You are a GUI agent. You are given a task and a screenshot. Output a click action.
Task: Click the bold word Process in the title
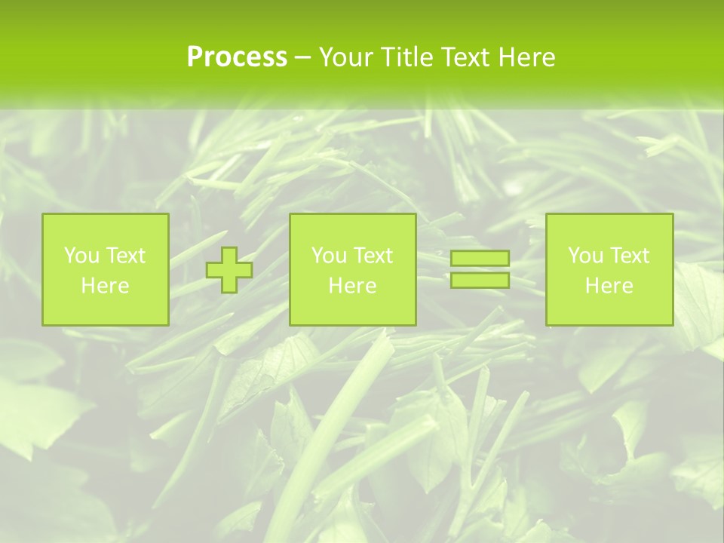[x=237, y=57]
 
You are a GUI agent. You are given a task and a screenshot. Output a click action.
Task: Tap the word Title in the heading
[x=406, y=57]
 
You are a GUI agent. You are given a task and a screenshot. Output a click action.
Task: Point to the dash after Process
[x=302, y=58]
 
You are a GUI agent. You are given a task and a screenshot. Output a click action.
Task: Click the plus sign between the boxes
[x=229, y=269]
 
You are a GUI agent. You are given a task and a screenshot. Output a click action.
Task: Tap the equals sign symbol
[x=480, y=269]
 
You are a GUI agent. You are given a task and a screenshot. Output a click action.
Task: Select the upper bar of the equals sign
[x=480, y=259]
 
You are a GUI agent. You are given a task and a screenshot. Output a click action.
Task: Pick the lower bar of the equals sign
[x=480, y=280]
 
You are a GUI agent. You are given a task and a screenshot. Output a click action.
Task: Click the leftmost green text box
[x=105, y=269]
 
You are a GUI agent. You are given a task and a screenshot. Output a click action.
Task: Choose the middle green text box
[x=352, y=269]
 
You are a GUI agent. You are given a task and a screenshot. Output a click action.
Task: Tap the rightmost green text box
[x=609, y=269]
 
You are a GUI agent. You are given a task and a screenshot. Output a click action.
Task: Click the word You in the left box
[x=81, y=256]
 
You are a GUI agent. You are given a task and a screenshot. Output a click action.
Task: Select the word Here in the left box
[x=105, y=286]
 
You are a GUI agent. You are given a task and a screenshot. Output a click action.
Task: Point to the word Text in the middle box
[x=373, y=256]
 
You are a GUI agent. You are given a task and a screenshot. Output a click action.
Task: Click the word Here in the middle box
[x=352, y=286]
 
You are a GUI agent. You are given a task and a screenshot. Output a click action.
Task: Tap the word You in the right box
[x=585, y=256]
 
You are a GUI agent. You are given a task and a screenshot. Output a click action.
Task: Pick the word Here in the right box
[x=609, y=286]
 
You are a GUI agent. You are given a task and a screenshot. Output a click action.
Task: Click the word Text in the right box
[x=630, y=256]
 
